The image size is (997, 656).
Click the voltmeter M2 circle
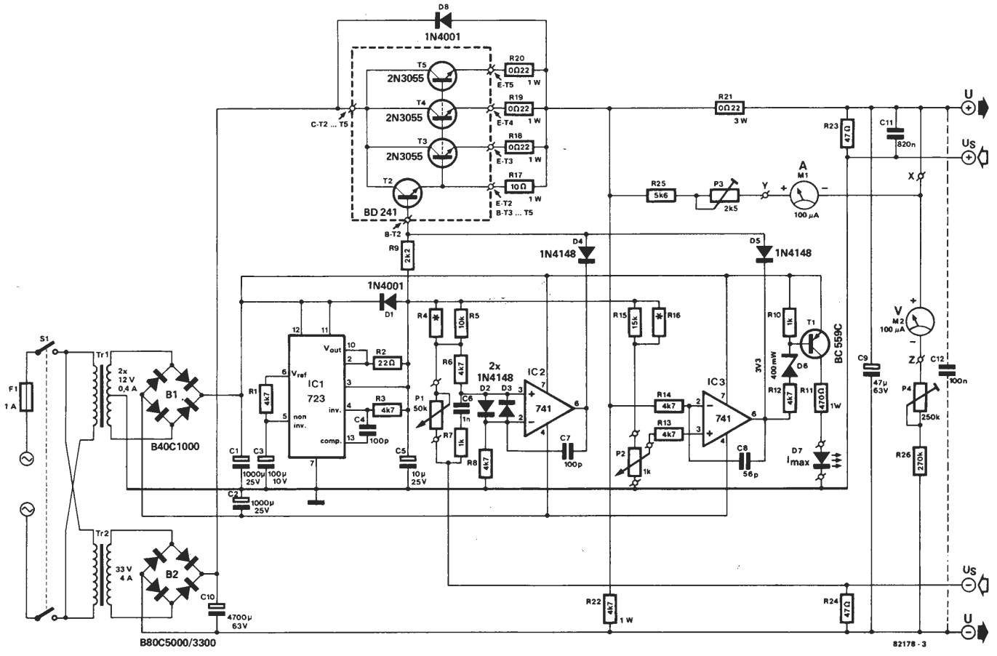[921, 321]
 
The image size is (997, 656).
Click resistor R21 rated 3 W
[724, 108]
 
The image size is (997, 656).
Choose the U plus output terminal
[969, 108]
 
